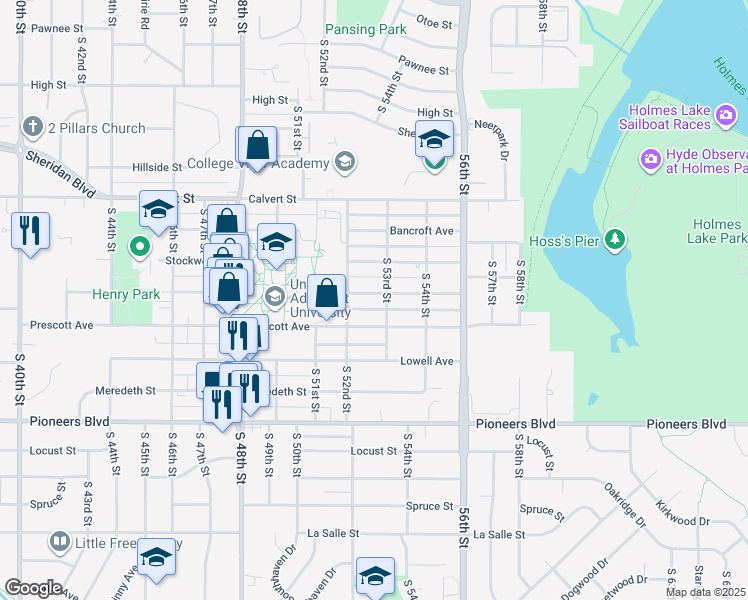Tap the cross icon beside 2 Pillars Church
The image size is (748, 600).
(33, 128)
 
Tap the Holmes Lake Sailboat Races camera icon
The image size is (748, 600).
(727, 124)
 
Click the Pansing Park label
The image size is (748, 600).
(366, 30)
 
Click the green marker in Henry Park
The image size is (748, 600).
(140, 246)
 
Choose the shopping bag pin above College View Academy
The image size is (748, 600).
(257, 145)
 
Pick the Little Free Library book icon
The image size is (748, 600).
(59, 543)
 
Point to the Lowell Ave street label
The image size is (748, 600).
(427, 361)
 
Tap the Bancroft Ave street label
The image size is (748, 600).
(422, 231)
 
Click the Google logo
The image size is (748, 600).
(33, 588)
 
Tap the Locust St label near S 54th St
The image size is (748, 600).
(374, 451)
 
